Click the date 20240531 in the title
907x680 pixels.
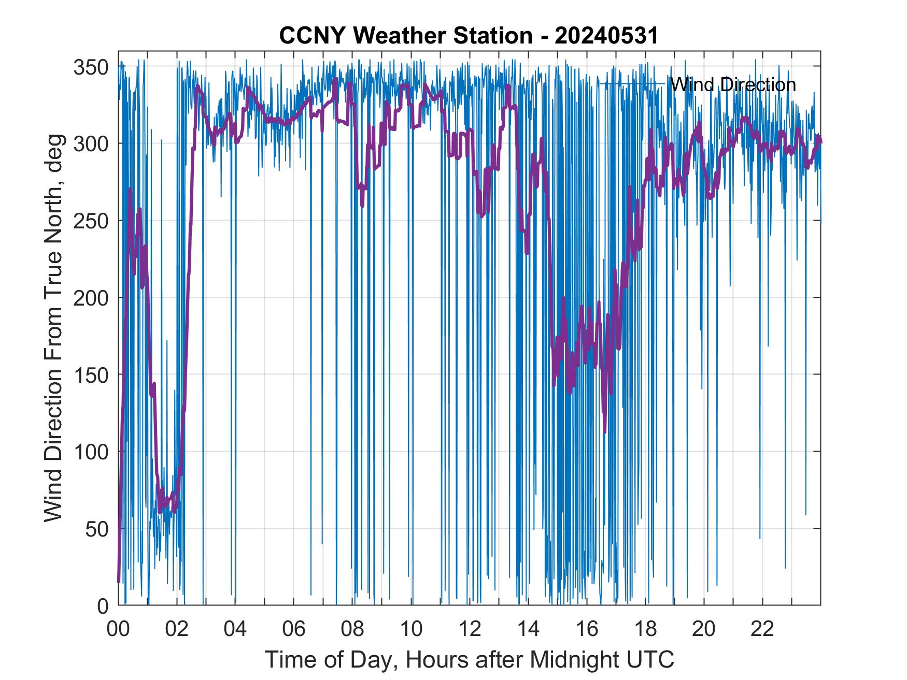tap(606, 36)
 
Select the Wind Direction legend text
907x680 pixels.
tap(733, 84)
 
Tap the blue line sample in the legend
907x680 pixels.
tap(632, 83)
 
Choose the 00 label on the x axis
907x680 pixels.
tap(118, 629)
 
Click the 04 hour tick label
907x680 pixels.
tap(235, 629)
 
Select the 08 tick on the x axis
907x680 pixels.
tap(352, 629)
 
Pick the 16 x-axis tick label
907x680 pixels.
tap(587, 629)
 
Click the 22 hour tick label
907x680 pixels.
tap(762, 629)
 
